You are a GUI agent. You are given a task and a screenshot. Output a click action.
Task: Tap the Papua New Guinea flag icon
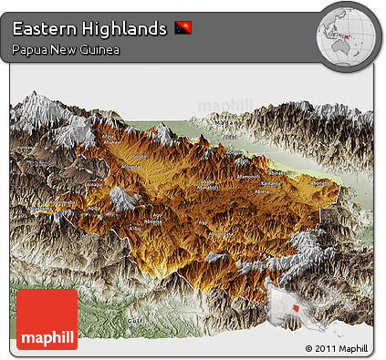tap(183, 29)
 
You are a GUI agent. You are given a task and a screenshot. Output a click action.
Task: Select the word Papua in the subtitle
tap(29, 49)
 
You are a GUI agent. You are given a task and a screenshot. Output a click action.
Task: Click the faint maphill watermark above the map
tap(224, 104)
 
